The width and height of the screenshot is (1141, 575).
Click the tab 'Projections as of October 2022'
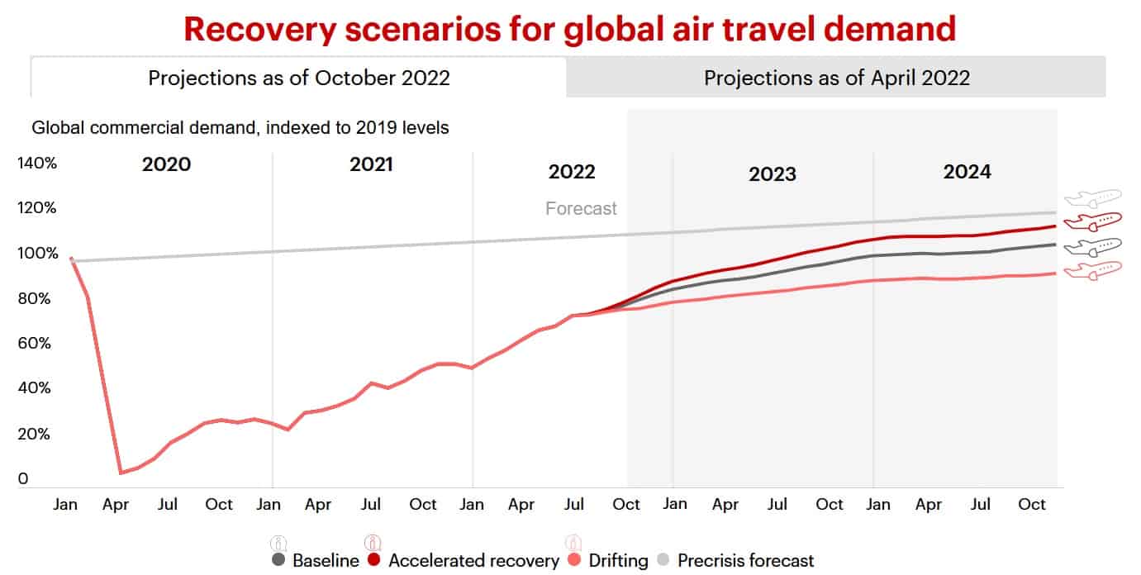tap(298, 78)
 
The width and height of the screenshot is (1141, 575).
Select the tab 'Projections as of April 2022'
tap(836, 78)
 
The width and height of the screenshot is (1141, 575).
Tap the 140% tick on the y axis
tap(37, 164)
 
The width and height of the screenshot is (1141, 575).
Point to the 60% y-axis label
tap(37, 343)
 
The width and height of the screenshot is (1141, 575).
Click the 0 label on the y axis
tap(23, 478)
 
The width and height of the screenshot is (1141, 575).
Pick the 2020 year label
tap(166, 164)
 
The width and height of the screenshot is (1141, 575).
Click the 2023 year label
tap(773, 174)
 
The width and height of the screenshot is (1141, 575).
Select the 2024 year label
tap(967, 172)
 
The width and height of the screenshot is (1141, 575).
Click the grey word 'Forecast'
tap(581, 208)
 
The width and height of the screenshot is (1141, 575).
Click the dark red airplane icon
tap(1092, 221)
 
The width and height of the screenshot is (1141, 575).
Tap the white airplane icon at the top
tap(1092, 197)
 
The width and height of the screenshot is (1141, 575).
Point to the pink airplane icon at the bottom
tap(1092, 270)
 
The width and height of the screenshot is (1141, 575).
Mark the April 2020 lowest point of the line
tap(121, 473)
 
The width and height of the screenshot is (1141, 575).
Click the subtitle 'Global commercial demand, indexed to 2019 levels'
tap(240, 128)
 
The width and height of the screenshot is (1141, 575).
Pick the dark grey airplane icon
tap(1092, 245)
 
